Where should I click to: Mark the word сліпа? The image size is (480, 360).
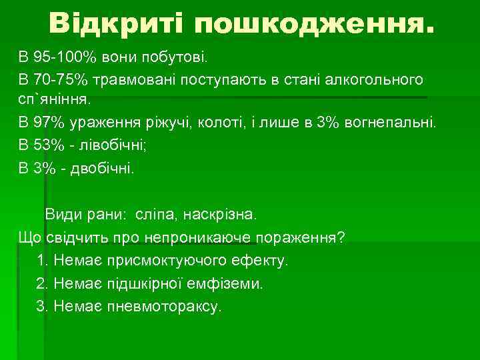[x=155, y=215]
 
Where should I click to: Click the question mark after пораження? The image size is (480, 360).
[x=341, y=238]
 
